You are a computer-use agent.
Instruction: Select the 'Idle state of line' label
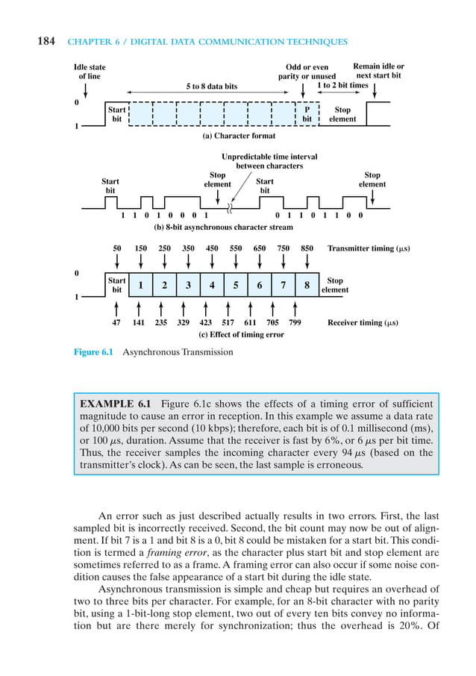(90, 72)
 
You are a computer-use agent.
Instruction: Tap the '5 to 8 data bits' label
(211, 86)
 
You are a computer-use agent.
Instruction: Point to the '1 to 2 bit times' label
(342, 85)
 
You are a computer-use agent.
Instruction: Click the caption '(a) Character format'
(239, 137)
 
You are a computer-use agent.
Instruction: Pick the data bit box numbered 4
(212, 284)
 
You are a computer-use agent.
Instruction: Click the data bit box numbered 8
(307, 284)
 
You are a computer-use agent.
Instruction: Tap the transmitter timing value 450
(212, 248)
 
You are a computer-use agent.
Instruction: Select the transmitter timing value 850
(307, 248)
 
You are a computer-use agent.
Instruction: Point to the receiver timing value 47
(116, 323)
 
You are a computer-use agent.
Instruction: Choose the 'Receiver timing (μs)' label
(363, 323)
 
